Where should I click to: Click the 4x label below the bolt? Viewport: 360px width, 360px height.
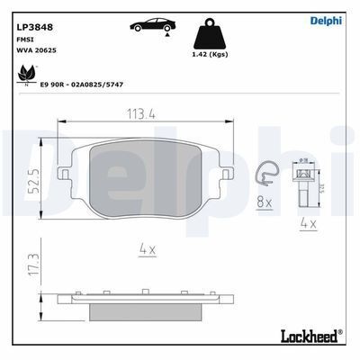coord(307,222)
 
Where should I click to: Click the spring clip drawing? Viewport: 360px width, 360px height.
coord(266,177)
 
